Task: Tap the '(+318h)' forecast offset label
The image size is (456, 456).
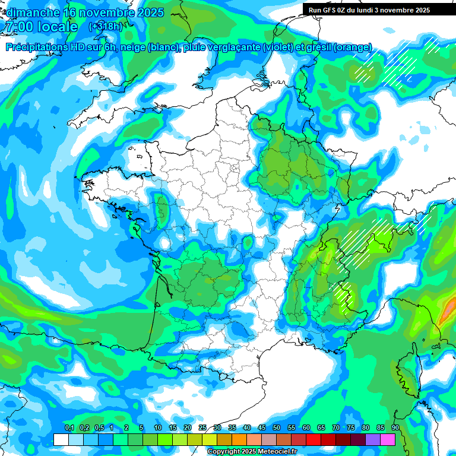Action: [105, 26]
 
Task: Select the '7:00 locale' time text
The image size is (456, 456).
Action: [42, 27]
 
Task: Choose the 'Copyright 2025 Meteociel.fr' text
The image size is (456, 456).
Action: [252, 452]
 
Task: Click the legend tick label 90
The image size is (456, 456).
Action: [395, 428]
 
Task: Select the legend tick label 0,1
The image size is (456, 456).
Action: [69, 428]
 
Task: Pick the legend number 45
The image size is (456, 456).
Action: [262, 428]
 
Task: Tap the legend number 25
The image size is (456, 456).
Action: [202, 428]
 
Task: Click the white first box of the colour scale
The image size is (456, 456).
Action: [61, 439]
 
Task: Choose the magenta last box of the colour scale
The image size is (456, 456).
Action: [388, 439]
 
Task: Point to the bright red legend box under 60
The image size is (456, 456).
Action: [313, 439]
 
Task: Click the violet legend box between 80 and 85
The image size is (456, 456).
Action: [373, 439]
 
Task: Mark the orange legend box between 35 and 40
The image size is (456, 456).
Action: [239, 439]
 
